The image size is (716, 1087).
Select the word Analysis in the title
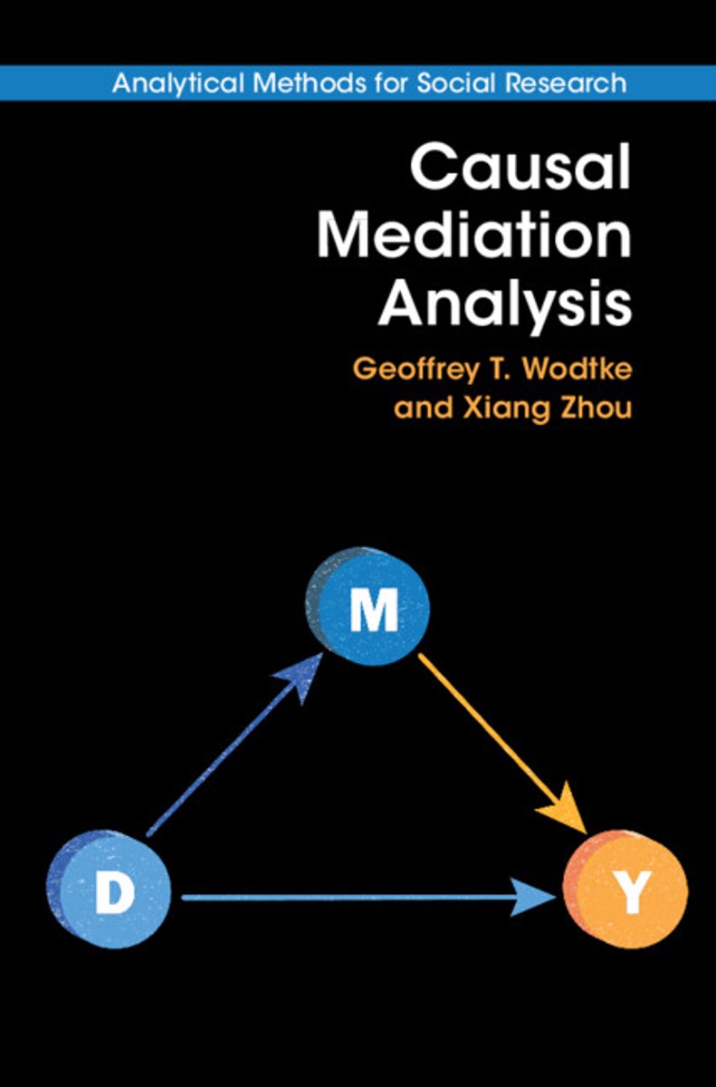click(504, 303)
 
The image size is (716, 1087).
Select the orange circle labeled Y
click(627, 890)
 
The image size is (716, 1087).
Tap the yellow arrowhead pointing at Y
click(570, 812)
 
